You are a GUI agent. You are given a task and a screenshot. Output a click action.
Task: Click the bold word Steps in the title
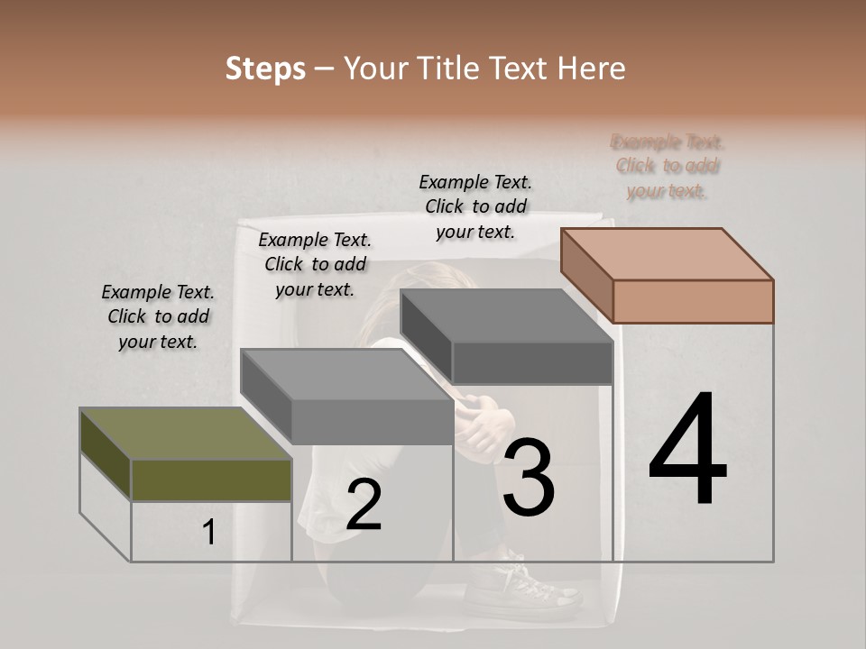click(x=265, y=69)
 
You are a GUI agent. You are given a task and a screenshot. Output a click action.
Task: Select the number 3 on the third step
click(x=529, y=477)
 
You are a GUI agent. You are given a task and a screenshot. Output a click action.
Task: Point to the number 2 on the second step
click(x=364, y=506)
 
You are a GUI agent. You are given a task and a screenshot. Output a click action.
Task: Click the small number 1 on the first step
click(x=208, y=533)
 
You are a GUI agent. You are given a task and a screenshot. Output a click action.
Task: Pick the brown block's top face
click(x=668, y=253)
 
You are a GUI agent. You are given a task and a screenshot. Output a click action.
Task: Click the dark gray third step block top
click(x=505, y=315)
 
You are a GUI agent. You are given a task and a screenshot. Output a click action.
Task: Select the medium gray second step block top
click(x=347, y=374)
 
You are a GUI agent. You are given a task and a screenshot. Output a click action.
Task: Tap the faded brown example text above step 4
click(x=668, y=166)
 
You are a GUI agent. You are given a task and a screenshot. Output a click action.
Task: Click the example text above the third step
click(x=475, y=206)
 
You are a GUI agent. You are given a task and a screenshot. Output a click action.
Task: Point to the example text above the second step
click(x=315, y=264)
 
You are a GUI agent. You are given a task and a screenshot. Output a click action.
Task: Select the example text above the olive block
click(x=158, y=316)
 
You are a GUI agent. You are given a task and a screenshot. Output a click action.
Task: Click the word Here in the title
click(x=591, y=69)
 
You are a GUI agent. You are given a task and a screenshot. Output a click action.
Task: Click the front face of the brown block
click(x=693, y=301)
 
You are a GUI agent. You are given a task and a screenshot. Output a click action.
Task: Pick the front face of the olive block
click(x=211, y=480)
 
